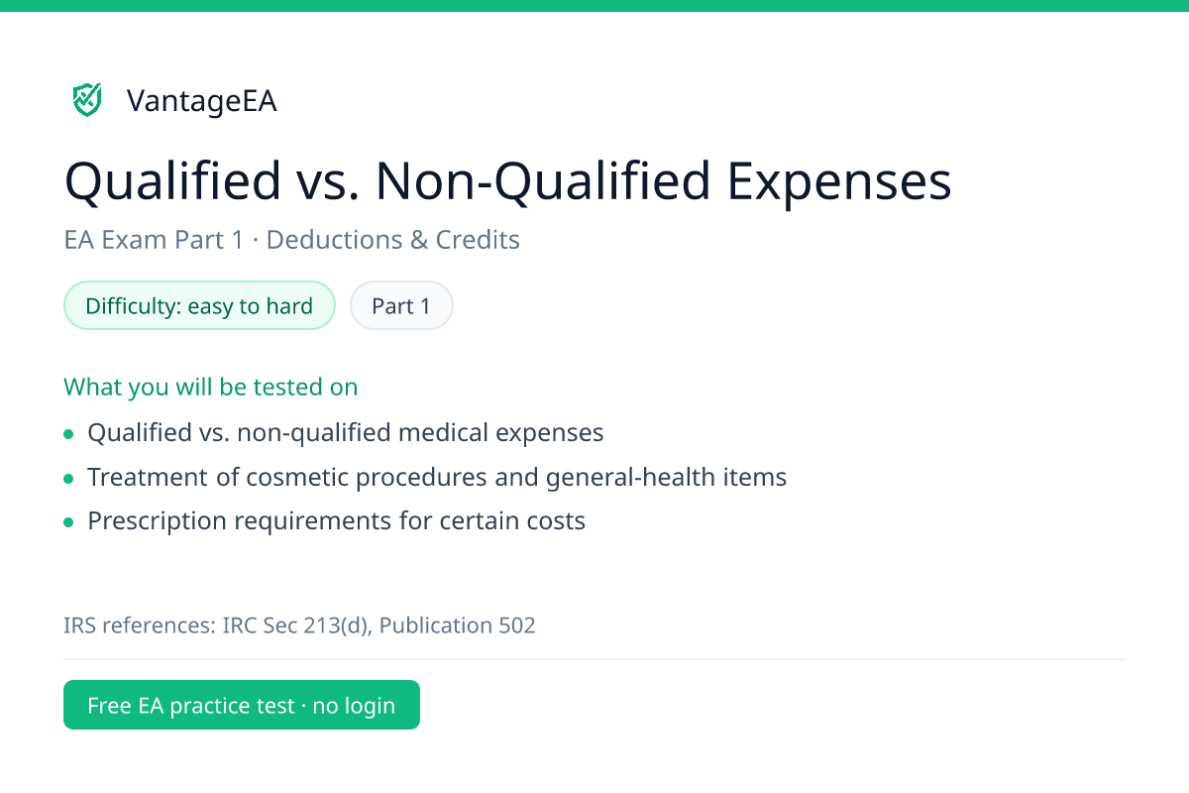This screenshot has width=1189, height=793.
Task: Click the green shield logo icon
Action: coord(87,100)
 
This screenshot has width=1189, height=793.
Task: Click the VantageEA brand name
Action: coord(202,101)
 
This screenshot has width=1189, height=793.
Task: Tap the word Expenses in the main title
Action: coord(839,182)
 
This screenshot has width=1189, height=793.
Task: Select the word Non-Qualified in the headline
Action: coord(543,182)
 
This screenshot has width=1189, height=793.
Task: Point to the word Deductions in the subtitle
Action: coord(334,240)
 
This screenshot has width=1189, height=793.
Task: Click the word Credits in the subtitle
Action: coord(478,240)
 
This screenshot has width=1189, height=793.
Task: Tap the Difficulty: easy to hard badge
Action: coord(199,305)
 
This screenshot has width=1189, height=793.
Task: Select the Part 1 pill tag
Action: coord(401,305)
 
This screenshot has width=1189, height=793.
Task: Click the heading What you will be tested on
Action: coord(211,387)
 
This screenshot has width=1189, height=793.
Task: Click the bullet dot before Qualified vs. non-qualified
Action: coord(68,434)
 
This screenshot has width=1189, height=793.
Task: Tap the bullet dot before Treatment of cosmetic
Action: coord(68,479)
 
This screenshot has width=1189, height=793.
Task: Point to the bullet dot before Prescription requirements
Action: coord(68,522)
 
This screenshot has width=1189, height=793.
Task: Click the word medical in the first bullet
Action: coord(443,432)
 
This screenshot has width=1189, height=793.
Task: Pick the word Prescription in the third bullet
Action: coord(158,520)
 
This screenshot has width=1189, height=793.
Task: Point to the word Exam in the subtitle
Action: coord(135,240)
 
